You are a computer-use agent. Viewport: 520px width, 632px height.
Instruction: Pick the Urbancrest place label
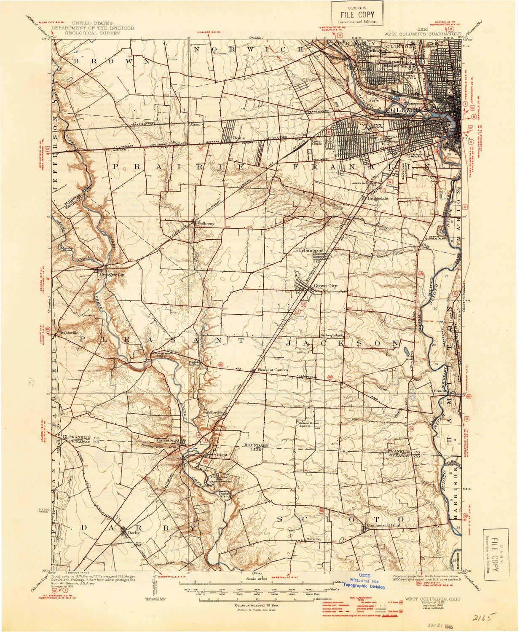tap(311, 250)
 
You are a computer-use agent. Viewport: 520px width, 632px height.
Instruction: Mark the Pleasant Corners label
tap(273, 370)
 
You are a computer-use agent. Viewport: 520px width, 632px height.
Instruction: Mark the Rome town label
tap(239, 138)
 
